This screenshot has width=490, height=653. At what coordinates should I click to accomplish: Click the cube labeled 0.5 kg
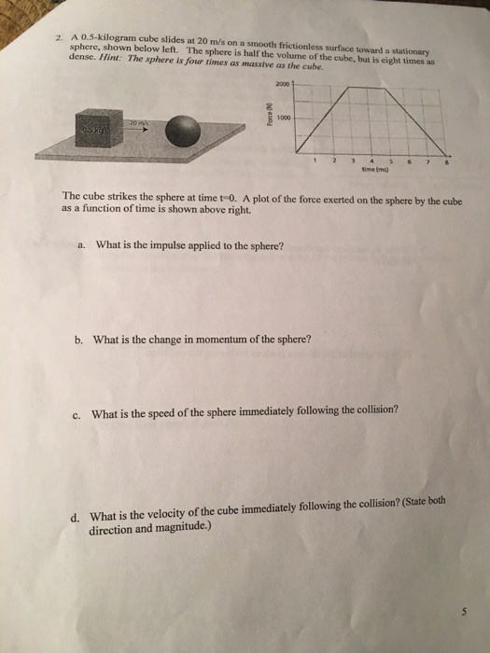pyautogui.click(x=95, y=133)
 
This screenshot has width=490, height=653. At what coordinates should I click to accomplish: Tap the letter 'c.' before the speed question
pyautogui.click(x=78, y=412)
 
